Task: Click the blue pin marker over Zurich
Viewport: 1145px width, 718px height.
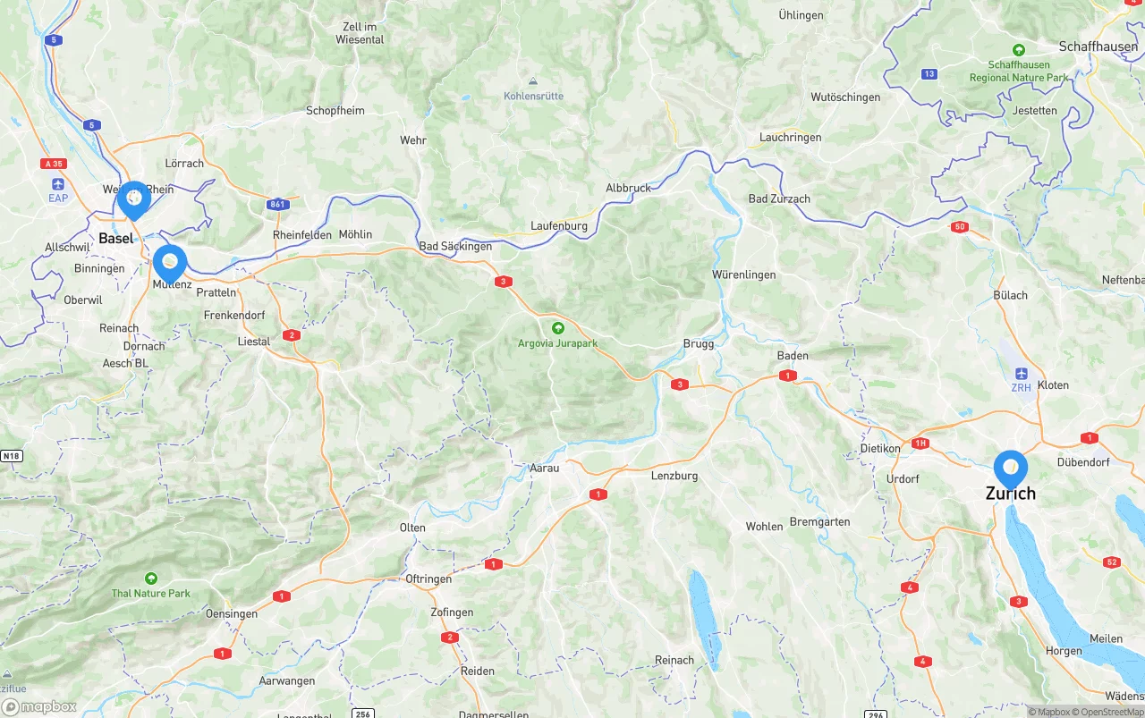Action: pos(1011,468)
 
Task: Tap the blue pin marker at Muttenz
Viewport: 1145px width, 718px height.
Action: pos(170,263)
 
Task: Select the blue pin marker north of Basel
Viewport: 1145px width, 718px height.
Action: pos(134,199)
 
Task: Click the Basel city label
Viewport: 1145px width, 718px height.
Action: pos(115,238)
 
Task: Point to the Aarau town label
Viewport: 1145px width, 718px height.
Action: pos(544,468)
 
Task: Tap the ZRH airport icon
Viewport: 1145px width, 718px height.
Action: pos(1022,373)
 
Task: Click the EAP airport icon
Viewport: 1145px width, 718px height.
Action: pos(58,183)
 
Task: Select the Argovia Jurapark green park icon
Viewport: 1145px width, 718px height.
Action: pos(558,328)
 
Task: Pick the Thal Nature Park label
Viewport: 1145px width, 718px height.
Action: pos(150,593)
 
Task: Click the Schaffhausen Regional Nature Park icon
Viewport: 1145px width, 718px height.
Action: pos(1018,50)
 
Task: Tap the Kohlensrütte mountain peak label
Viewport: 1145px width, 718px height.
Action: pos(533,96)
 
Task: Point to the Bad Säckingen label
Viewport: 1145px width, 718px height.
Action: pos(455,246)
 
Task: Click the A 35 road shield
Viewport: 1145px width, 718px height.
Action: pos(54,164)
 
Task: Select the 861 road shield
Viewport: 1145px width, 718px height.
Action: pos(278,205)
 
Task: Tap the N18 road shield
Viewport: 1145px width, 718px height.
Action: pos(11,456)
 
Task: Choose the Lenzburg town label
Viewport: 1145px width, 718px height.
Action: pos(674,476)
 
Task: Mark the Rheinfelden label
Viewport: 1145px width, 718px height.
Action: pos(301,235)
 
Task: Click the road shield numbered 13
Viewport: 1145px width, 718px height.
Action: pos(929,74)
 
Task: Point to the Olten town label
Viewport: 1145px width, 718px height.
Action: pos(412,528)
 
